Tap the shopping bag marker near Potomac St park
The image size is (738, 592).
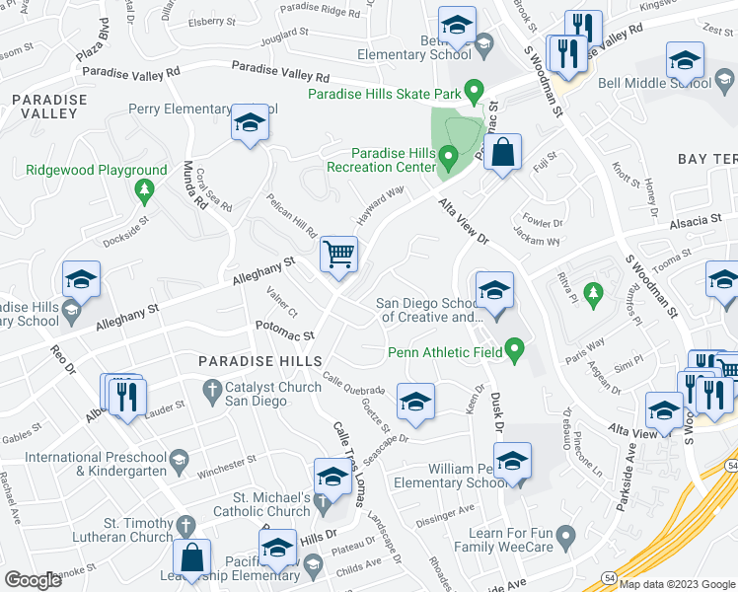pos(503,154)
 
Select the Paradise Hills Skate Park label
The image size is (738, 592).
pos(385,94)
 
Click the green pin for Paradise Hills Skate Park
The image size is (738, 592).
pos(474,93)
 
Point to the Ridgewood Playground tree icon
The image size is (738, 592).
pos(145,189)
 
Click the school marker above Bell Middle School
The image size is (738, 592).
pos(685,61)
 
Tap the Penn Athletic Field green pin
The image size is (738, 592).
pos(513,348)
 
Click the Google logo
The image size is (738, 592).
pos(33,580)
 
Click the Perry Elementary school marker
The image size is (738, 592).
pos(250,124)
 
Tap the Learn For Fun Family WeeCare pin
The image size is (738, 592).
pos(565,538)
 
